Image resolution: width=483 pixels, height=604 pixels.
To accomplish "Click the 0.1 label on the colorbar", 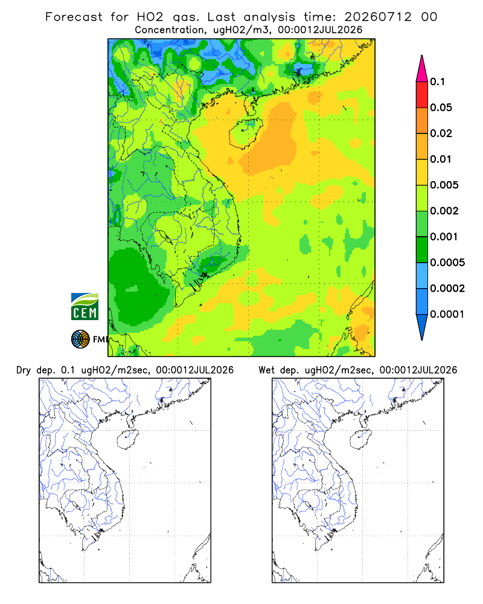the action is (437, 82).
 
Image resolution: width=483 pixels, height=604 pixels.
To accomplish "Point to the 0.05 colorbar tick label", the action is (441, 108).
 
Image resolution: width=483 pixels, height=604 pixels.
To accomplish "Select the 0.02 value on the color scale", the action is (441, 133).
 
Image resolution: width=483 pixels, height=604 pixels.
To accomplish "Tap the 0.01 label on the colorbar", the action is (441, 159).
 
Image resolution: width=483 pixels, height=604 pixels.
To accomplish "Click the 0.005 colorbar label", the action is (444, 185).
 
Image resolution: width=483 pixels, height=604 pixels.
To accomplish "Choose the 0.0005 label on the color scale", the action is (447, 262).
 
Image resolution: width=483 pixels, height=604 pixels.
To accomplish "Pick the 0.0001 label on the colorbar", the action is (447, 314).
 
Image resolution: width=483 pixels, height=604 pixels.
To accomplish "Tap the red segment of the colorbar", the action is (422, 95).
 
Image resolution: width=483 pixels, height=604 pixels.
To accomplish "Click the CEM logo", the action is (85, 307).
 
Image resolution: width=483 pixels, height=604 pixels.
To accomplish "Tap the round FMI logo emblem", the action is (80, 339).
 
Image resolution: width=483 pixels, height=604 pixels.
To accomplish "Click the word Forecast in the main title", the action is (74, 17).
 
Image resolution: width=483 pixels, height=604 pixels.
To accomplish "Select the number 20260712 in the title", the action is (378, 17).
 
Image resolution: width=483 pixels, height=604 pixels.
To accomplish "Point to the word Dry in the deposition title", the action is (24, 370).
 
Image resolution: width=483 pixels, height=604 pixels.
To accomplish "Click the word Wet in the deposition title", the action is (266, 370).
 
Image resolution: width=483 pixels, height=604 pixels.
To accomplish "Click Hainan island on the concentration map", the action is (245, 133).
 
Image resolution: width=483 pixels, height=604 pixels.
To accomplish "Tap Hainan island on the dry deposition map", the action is (127, 440).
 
